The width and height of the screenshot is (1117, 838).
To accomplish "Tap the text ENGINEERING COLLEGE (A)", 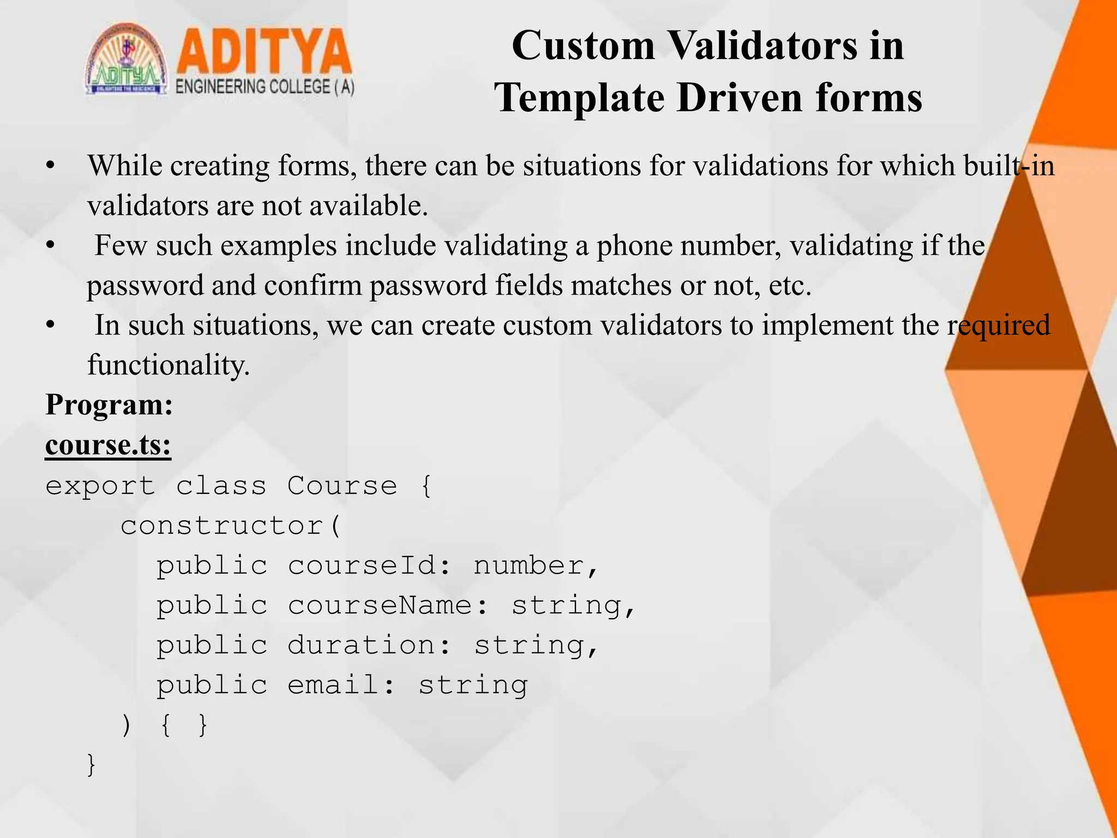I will tap(265, 87).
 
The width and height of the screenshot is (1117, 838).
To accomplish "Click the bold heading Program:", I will tap(109, 405).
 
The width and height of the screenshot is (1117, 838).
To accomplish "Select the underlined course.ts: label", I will tap(108, 445).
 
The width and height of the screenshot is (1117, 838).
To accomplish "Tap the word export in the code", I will tap(100, 486).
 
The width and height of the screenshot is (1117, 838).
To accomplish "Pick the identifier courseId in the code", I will tap(362, 566).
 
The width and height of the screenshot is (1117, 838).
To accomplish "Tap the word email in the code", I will tap(333, 685).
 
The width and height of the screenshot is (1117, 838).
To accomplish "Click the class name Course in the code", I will tap(343, 486).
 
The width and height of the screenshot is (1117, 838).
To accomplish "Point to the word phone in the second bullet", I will tap(634, 246).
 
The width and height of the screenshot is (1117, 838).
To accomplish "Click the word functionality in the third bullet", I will tap(168, 365).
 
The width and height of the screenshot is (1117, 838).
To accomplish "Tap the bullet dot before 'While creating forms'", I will tap(51, 165).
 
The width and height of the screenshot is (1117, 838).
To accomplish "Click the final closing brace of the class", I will tap(92, 764).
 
